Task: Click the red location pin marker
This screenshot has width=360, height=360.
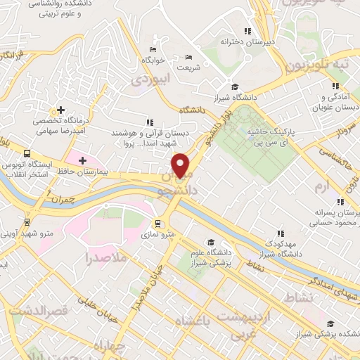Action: [x=181, y=165]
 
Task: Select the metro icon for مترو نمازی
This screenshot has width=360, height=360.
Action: [x=157, y=222]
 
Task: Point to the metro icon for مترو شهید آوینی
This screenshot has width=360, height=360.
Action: [x=27, y=222]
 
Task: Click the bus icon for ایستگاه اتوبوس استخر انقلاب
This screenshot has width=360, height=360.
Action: [x=27, y=153]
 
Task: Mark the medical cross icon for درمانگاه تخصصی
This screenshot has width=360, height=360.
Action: [x=61, y=110]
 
